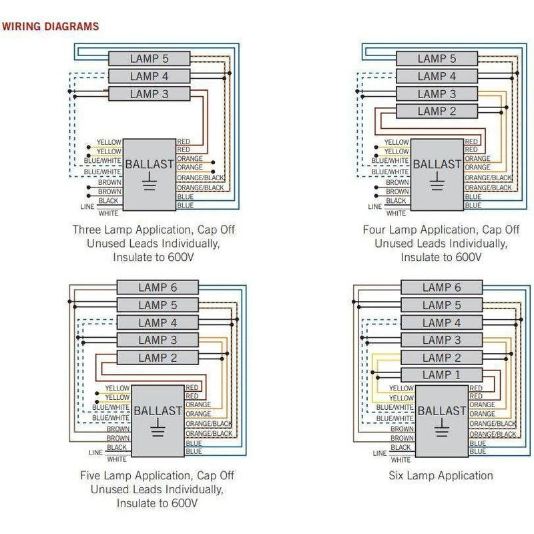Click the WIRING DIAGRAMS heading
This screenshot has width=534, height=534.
tap(51, 27)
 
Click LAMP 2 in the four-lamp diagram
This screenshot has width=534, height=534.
tap(437, 111)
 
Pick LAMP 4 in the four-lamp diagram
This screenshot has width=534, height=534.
tap(437, 77)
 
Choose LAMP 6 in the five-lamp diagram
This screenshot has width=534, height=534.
tap(158, 288)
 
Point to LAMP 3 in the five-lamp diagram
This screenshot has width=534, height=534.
tap(158, 340)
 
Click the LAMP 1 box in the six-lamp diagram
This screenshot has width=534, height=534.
tap(441, 375)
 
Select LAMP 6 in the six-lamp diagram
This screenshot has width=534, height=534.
tap(441, 288)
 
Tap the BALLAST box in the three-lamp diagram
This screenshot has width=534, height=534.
tap(150, 174)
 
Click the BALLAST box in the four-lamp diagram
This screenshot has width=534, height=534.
tap(437, 174)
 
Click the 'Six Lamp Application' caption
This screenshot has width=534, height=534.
tap(441, 476)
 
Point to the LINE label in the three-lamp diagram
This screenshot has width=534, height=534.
tap(87, 207)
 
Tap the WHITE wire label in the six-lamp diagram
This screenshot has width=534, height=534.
tap(400, 459)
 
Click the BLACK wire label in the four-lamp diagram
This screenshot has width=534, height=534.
tap(396, 201)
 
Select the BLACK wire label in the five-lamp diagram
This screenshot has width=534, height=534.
tap(116, 448)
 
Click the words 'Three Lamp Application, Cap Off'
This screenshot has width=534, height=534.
tap(154, 230)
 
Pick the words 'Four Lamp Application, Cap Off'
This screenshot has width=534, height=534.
tap(441, 230)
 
